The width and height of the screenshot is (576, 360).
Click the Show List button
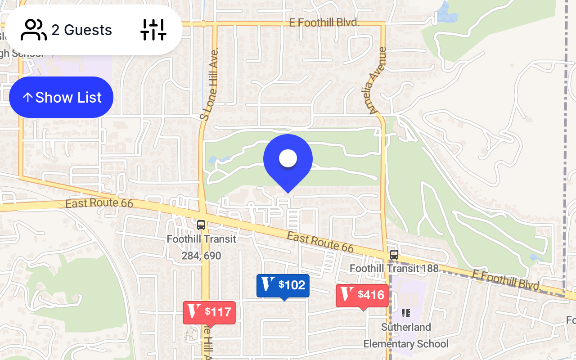(x=61, y=97)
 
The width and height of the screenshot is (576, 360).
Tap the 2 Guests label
(x=81, y=30)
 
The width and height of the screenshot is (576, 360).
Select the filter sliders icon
(x=153, y=30)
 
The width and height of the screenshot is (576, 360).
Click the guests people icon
(x=34, y=30)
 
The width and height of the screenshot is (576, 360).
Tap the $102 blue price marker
(x=283, y=285)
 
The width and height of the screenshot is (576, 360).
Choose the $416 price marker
(x=362, y=295)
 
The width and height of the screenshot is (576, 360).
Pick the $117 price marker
(x=209, y=312)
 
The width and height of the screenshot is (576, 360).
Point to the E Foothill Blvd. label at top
(x=324, y=22)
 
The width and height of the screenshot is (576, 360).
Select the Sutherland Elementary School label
(x=406, y=335)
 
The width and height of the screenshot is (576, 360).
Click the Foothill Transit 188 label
(x=394, y=269)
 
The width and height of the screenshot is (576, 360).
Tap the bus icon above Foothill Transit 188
(x=394, y=255)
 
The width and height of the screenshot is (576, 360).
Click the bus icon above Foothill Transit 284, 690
(x=201, y=225)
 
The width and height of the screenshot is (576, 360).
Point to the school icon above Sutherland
(x=406, y=313)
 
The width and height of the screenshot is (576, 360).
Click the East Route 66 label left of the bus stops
(x=99, y=204)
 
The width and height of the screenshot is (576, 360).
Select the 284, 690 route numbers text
(x=201, y=256)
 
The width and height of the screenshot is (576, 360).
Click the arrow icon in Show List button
(x=28, y=97)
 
